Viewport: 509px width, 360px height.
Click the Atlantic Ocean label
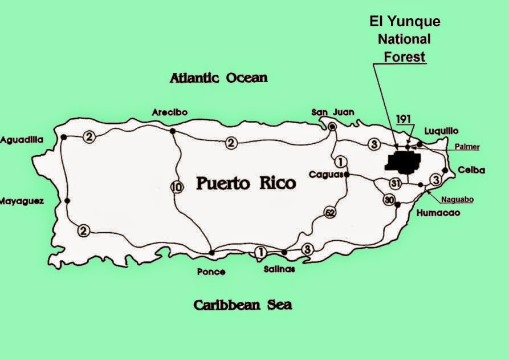(218, 78)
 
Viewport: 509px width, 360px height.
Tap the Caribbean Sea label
(242, 305)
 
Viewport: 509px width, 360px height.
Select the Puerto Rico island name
(246, 183)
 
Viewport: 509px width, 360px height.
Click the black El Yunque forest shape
(404, 162)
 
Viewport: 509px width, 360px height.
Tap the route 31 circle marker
(396, 183)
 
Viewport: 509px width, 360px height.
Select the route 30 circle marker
(389, 200)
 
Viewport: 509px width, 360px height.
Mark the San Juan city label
(332, 112)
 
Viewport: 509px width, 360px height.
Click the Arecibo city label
(169, 112)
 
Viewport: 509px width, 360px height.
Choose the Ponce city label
(211, 272)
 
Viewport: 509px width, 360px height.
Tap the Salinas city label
(279, 269)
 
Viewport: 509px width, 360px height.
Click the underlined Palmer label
(467, 147)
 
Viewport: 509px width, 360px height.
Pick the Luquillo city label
(441, 131)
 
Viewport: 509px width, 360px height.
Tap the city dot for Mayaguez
(67, 200)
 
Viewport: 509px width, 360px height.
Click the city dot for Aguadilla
(64, 137)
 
